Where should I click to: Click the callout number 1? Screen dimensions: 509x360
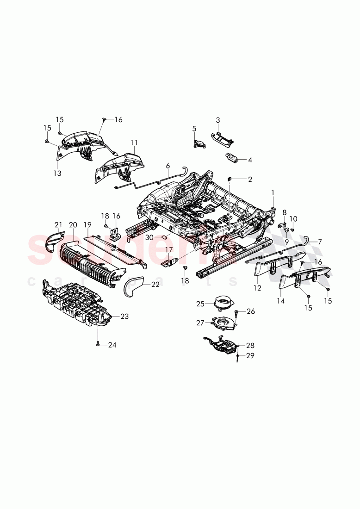click(273, 192)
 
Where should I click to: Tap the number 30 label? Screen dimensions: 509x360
click(149, 237)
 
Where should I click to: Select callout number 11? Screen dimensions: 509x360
click(134, 143)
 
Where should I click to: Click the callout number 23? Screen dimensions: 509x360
click(125, 317)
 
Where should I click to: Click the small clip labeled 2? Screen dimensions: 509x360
click(230, 179)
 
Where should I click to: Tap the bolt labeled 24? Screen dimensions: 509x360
click(97, 344)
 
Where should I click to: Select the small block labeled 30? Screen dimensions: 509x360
click(164, 235)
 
